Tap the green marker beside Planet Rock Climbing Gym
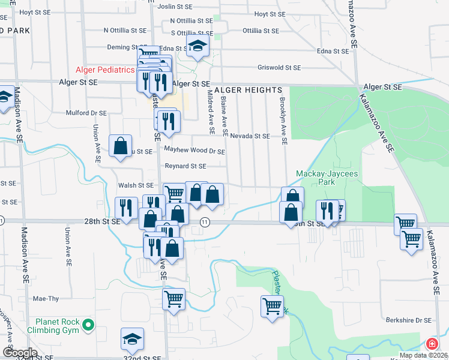coord(89,326)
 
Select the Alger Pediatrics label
coord(105,70)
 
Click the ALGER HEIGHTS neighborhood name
coord(240,88)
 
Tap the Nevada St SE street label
coord(250,136)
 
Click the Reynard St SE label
coord(185,166)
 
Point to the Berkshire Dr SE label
coord(409,320)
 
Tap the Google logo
coord(19,353)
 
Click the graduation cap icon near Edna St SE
coord(197,46)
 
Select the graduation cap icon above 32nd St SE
coord(132,340)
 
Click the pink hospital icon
coord(432,344)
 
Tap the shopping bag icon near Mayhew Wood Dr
coord(121,145)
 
